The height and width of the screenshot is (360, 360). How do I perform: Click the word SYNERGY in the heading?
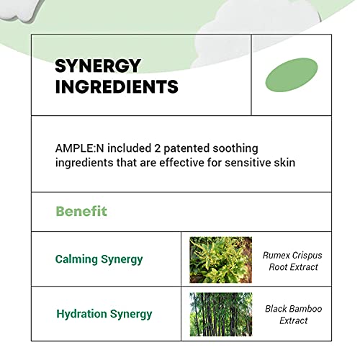point(98,66)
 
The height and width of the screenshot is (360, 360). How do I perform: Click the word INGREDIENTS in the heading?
point(117,86)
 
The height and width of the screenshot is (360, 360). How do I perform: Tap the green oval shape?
point(292,75)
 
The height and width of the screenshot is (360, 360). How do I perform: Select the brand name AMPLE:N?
point(79,148)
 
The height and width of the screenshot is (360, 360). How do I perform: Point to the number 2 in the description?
point(158,148)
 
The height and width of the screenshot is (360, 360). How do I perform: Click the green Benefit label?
point(81,212)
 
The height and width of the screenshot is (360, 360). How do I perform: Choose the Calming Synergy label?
point(99,260)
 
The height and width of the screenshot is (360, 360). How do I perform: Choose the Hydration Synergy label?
point(104,315)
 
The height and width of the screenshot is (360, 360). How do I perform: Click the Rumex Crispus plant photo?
point(221,260)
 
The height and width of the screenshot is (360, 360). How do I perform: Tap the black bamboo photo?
point(221,315)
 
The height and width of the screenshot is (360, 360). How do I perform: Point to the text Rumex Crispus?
point(292,256)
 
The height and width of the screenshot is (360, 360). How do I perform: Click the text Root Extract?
point(293,267)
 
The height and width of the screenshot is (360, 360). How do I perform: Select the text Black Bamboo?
point(294,309)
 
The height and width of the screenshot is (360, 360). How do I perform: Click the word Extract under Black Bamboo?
point(294,320)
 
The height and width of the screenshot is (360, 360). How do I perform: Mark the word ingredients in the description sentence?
point(84,163)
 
